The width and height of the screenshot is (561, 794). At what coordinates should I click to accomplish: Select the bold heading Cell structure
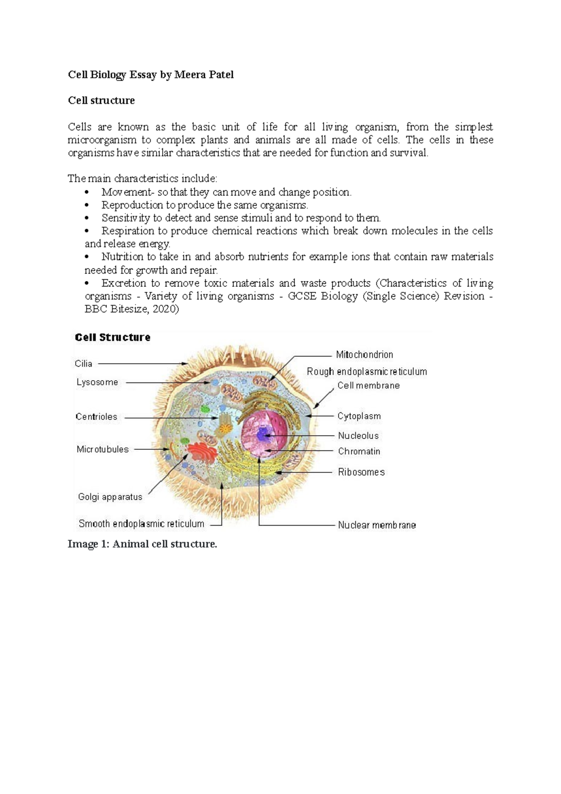[101, 101]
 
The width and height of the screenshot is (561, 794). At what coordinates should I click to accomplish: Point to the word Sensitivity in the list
[126, 218]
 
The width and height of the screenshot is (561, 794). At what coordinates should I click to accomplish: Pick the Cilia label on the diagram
[83, 364]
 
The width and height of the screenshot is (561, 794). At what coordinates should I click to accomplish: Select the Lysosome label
[97, 383]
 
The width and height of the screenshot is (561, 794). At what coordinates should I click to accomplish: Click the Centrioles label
[96, 417]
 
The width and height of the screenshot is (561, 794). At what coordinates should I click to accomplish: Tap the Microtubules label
[102, 449]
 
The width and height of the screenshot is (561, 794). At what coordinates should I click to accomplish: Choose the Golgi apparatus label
[110, 497]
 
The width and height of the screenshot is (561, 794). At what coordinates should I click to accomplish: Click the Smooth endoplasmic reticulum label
[141, 524]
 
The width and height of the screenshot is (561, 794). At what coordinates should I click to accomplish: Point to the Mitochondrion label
[364, 355]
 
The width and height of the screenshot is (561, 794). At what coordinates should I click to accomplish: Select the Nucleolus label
[358, 436]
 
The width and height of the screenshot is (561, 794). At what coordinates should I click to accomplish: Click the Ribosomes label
[361, 472]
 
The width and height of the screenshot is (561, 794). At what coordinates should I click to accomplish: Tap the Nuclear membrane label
[377, 525]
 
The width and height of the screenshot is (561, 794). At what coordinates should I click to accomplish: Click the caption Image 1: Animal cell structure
[142, 544]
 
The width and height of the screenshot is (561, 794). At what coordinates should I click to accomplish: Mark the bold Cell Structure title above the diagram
[113, 338]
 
